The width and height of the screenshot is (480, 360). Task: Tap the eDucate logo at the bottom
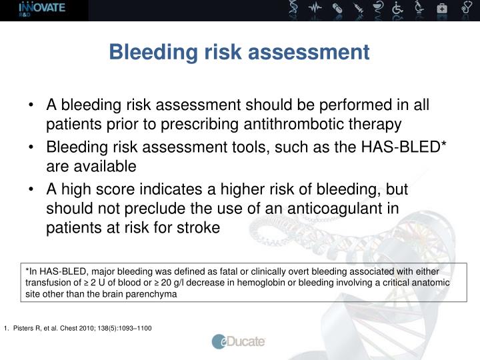coord(239,341)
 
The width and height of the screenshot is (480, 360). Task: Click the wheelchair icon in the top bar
coord(397,8)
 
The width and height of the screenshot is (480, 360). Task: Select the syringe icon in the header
coord(359,8)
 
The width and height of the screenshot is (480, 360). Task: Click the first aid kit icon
coord(442,9)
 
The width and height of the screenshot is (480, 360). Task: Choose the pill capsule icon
coord(337,8)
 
